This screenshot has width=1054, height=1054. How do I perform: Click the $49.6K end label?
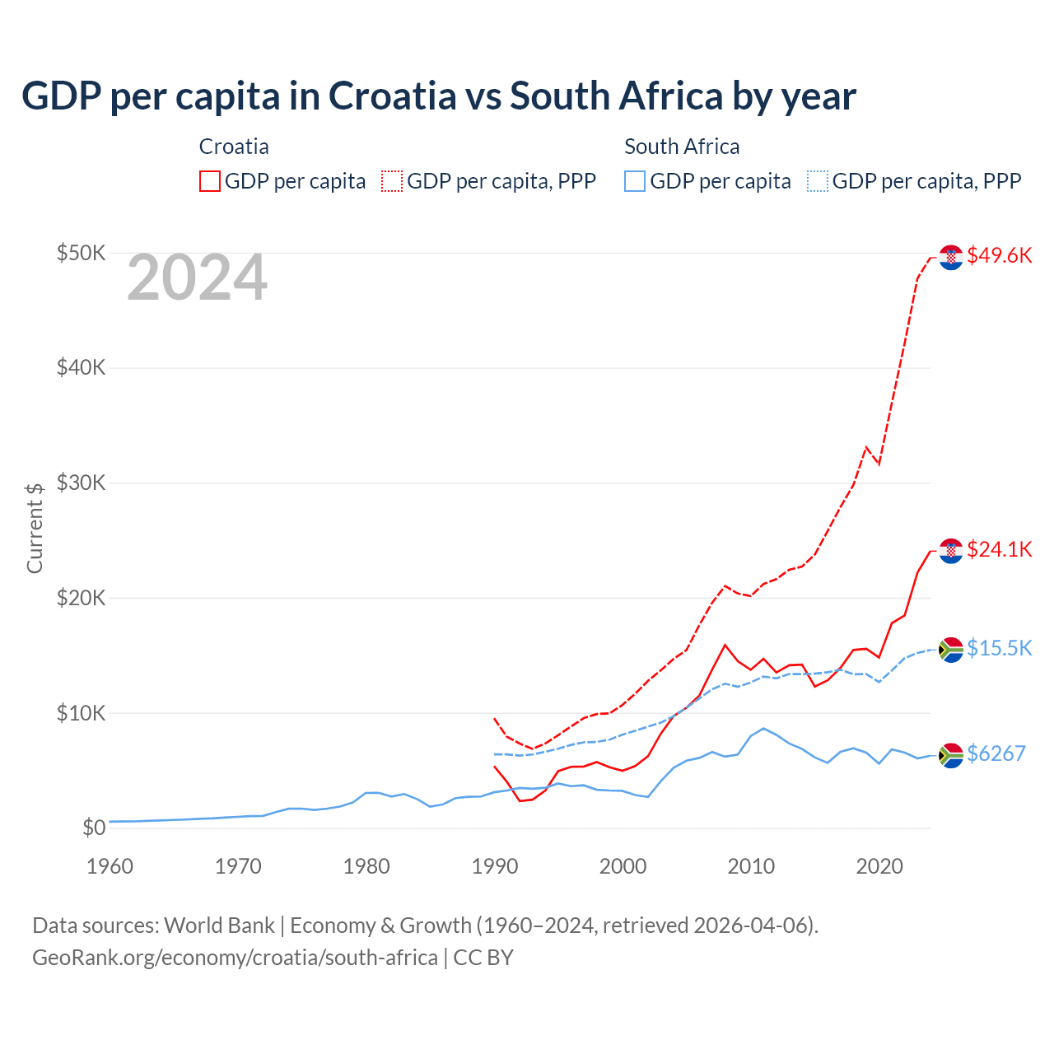click(999, 255)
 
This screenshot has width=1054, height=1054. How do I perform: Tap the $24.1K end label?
click(999, 549)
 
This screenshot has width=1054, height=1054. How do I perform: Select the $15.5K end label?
click(999, 648)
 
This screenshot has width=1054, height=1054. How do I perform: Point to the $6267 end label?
click(996, 753)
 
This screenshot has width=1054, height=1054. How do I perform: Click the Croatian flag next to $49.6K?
click(951, 258)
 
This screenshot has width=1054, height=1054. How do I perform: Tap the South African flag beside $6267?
click(951, 755)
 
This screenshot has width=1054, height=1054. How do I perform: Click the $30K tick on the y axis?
click(81, 483)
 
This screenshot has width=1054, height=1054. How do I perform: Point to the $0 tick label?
click(94, 828)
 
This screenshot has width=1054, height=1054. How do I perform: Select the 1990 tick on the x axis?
click(495, 866)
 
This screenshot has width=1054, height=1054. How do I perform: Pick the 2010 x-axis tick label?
click(751, 866)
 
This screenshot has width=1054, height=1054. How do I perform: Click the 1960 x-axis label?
click(110, 866)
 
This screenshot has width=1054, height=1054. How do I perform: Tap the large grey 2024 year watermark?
click(197, 278)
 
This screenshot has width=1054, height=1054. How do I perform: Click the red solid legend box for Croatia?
click(210, 181)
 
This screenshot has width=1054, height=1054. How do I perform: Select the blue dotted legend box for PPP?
click(818, 181)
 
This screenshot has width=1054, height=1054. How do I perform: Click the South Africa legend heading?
click(682, 147)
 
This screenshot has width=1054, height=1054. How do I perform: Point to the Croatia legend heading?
click(234, 147)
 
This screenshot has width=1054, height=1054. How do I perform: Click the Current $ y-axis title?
click(35, 528)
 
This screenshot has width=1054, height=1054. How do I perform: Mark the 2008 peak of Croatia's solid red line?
click(725, 645)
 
